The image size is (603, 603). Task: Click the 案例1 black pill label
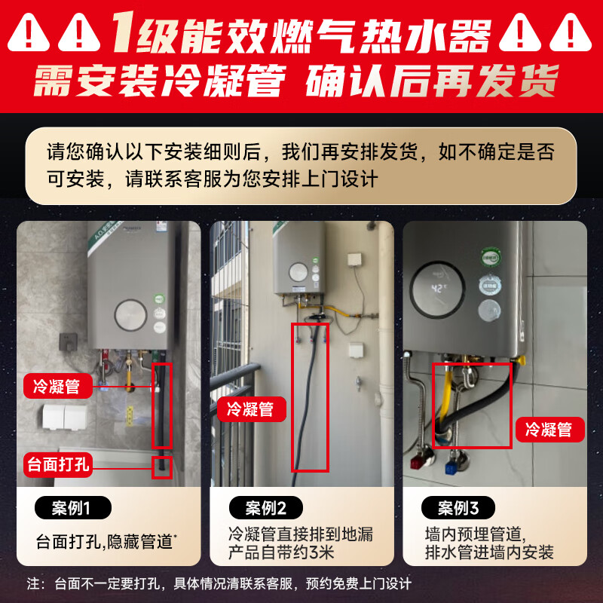72,508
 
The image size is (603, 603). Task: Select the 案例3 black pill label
459,507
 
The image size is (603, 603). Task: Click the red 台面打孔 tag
58,463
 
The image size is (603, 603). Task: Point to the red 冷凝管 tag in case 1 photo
58,387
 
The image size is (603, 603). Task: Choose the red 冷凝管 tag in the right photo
548,430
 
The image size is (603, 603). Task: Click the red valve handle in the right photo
416,461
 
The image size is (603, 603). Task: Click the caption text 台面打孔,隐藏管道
106,541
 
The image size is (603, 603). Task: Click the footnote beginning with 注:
219,583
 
